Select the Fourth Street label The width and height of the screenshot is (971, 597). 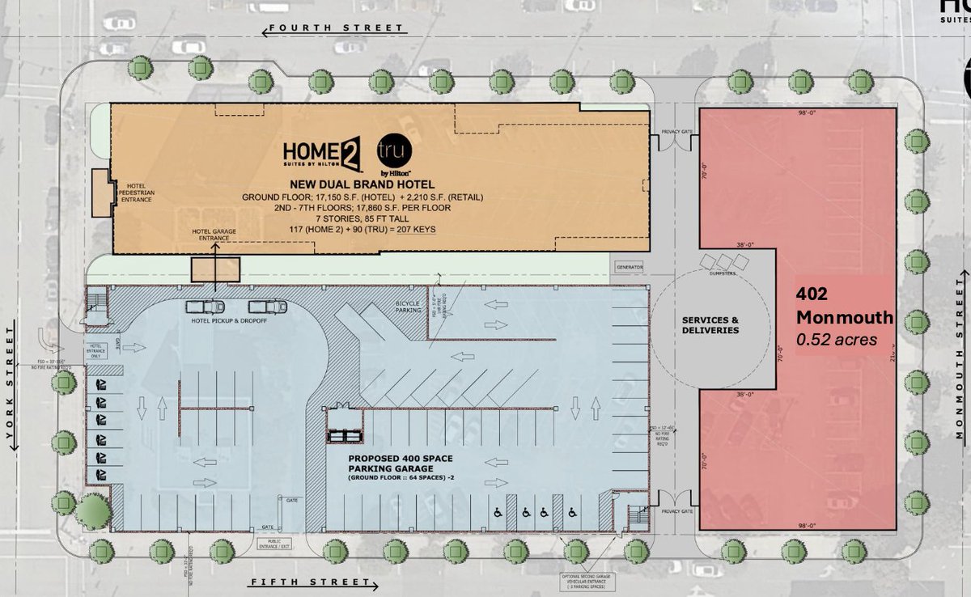click(x=335, y=28)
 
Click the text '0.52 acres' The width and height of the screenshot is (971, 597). click(x=836, y=340)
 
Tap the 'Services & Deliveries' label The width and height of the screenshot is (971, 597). click(x=710, y=324)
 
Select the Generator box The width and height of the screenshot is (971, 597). click(x=629, y=267)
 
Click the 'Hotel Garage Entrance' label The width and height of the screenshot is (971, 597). click(x=215, y=234)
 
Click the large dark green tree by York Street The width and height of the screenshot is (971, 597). click(x=93, y=511)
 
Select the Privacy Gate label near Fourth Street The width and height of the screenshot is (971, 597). click(x=676, y=129)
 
